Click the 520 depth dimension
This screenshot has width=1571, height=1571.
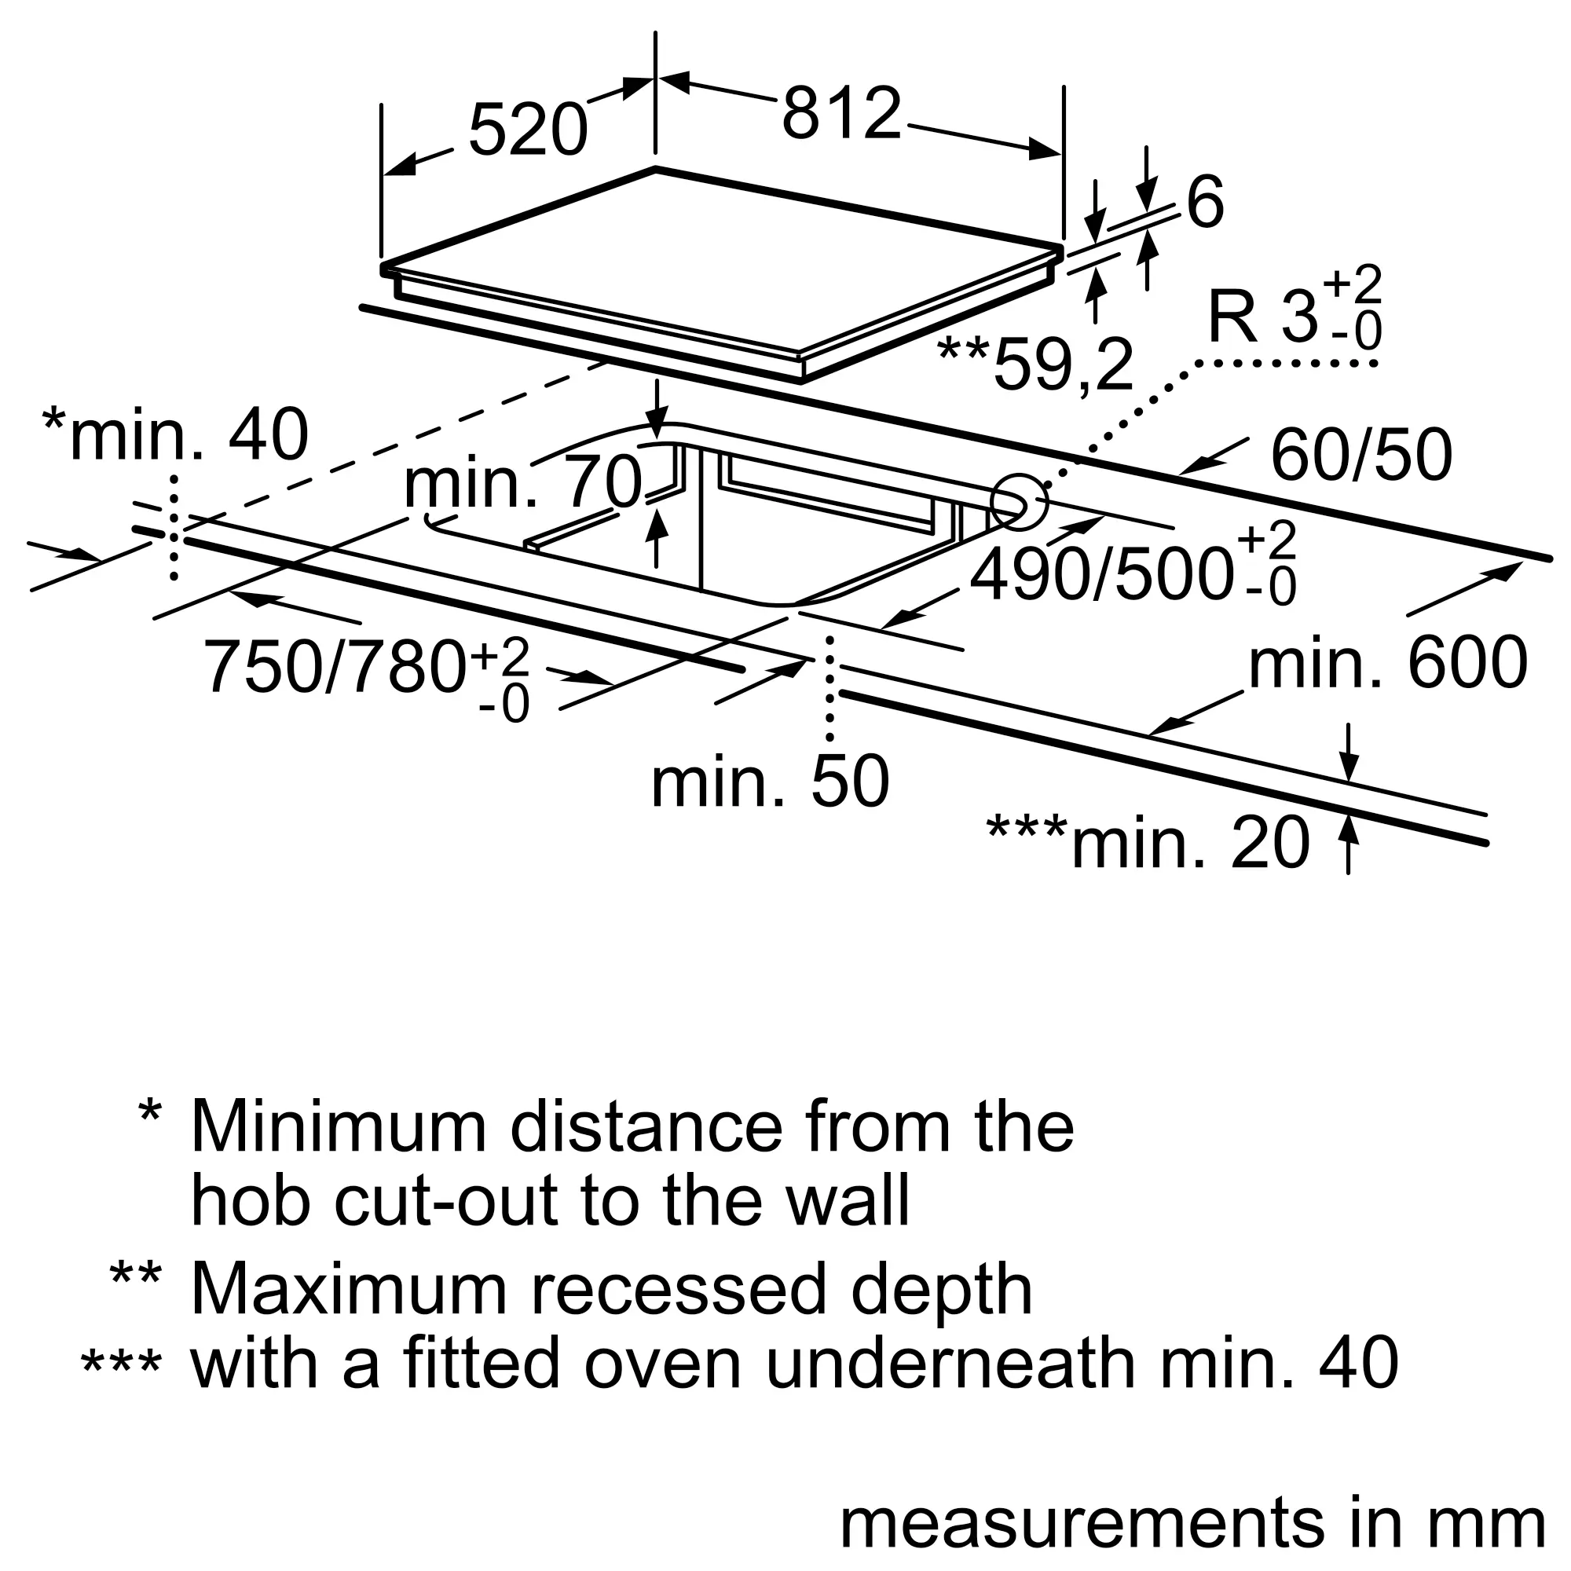pyautogui.click(x=528, y=130)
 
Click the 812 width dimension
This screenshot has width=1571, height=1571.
pyautogui.click(x=841, y=113)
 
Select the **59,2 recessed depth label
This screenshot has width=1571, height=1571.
pyautogui.click(x=1035, y=365)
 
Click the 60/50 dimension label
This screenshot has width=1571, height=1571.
pyautogui.click(x=1361, y=456)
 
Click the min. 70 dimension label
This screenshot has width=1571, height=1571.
pyautogui.click(x=524, y=483)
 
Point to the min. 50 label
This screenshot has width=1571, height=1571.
pyautogui.click(x=770, y=782)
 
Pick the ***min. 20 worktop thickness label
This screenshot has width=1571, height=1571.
pyautogui.click(x=1148, y=842)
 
